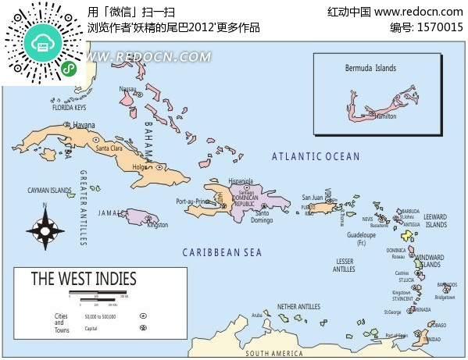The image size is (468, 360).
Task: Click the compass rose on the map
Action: (45, 229)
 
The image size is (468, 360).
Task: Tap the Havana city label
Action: (84, 126)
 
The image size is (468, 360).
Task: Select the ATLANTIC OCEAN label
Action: (316, 156)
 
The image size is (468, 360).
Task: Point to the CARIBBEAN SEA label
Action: (222, 252)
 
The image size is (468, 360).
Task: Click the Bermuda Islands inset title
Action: (371, 69)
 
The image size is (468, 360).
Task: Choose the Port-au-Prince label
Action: (191, 201)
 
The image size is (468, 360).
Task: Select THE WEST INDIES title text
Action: (84, 279)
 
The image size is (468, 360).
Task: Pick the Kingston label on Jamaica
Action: (158, 226)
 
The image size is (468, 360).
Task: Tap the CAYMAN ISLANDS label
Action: (50, 191)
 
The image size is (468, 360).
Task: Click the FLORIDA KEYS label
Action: (69, 108)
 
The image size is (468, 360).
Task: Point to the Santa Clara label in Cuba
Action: (109, 148)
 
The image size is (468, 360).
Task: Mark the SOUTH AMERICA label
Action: (273, 354)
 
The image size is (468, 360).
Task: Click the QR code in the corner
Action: (45, 44)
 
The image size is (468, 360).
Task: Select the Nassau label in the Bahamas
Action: (127, 89)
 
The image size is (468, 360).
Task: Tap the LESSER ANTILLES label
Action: (344, 266)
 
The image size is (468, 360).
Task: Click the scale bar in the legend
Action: (98, 294)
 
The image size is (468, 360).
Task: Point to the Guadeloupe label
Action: (362, 234)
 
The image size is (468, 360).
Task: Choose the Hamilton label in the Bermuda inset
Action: (386, 116)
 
